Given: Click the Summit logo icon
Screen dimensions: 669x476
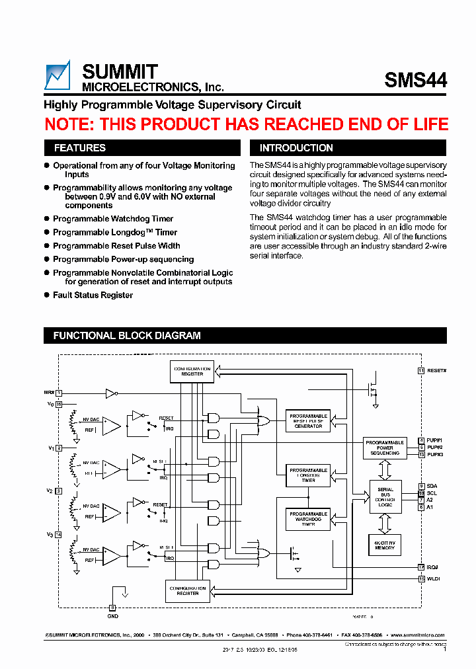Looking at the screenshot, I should click(x=57, y=75).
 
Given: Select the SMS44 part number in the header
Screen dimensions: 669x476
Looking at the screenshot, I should click(x=415, y=80).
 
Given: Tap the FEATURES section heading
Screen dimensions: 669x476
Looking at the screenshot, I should click(x=79, y=148).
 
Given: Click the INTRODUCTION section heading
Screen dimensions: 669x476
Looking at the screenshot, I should click(x=296, y=148).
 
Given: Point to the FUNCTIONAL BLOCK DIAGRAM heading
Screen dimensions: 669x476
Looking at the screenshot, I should click(x=127, y=336).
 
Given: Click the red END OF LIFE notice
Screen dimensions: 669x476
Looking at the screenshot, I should click(x=246, y=124).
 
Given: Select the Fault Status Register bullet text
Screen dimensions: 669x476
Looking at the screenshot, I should click(x=93, y=295).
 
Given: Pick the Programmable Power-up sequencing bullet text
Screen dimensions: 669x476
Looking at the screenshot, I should click(x=123, y=260).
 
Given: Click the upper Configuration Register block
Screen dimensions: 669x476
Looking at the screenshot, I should click(x=192, y=372).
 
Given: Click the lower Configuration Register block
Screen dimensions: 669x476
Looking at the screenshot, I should click(x=188, y=591).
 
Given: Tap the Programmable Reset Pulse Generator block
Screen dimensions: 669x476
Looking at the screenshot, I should click(x=308, y=421).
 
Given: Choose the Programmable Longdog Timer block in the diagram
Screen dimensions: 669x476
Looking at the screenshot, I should click(x=308, y=475).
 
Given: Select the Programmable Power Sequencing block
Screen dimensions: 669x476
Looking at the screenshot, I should click(x=385, y=448).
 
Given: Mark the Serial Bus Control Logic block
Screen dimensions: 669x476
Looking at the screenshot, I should click(x=385, y=496).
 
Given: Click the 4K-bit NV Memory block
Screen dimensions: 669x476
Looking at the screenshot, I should click(x=385, y=545).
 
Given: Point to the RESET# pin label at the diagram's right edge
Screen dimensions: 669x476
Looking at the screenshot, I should click(x=437, y=371).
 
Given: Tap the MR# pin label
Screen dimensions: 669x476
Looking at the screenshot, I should click(x=49, y=393).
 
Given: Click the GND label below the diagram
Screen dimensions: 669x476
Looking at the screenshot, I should click(x=112, y=616).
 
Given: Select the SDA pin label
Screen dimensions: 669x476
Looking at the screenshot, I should click(x=432, y=486).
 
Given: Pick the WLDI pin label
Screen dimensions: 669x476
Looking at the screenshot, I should click(x=433, y=578).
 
